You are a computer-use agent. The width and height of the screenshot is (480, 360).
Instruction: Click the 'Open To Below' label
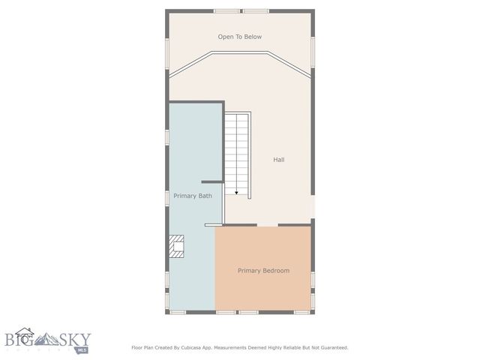tap(239, 37)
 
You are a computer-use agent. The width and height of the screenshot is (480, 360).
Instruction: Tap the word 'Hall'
tap(278, 160)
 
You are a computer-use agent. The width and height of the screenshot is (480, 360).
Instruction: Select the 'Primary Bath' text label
tap(193, 196)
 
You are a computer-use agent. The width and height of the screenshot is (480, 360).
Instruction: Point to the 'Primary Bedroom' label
tap(263, 270)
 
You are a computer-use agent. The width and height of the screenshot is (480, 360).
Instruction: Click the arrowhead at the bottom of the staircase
tap(236, 193)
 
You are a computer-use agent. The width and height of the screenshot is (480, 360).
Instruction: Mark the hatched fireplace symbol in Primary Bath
tap(176, 246)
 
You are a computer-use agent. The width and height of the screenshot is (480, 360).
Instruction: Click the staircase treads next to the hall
tap(238, 150)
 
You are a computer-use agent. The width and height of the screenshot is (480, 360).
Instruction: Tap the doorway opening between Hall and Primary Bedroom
tap(268, 225)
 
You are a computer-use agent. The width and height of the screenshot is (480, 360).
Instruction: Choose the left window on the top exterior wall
tap(226, 10)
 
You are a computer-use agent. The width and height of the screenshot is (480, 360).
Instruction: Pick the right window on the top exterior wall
tap(255, 10)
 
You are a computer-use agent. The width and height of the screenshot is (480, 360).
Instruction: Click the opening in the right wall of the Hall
tap(313, 206)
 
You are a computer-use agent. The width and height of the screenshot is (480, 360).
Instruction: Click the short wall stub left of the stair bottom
tap(211, 181)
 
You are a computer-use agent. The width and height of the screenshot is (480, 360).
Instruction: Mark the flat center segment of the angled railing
tap(240, 52)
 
